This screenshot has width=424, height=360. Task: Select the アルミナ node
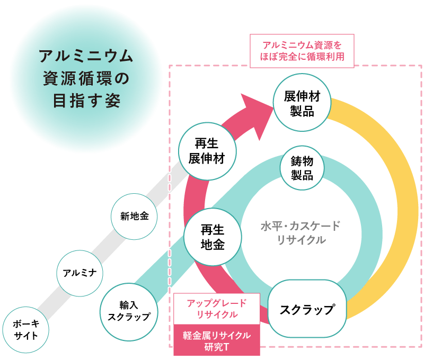[x=79, y=273]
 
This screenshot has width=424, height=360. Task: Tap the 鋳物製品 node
[x=302, y=168]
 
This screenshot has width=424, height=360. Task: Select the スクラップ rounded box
[x=307, y=309]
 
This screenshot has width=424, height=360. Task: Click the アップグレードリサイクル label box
[x=217, y=308]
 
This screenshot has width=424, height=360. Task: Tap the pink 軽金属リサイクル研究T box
[x=217, y=340]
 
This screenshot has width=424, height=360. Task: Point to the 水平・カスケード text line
[x=301, y=227]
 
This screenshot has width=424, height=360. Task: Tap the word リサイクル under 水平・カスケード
[x=301, y=240]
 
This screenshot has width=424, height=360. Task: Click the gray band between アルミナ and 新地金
[x=107, y=245]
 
